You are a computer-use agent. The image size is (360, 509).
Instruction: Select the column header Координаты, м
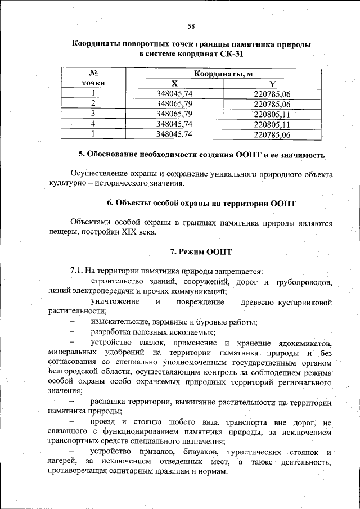point(223,74)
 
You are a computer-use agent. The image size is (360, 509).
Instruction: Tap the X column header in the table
point(175,83)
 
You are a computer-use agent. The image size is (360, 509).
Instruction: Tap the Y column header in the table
point(272,83)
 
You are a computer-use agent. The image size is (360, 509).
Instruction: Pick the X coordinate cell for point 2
point(175,104)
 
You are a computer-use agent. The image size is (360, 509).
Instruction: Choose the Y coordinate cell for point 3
point(272,114)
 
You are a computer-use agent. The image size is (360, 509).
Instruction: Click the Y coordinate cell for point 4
point(272,124)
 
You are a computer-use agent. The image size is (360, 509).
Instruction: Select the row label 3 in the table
point(93,114)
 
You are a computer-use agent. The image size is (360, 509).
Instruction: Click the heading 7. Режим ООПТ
point(201,251)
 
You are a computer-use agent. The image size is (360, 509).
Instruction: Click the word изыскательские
point(118,322)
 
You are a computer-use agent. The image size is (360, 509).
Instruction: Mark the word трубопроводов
point(303,281)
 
